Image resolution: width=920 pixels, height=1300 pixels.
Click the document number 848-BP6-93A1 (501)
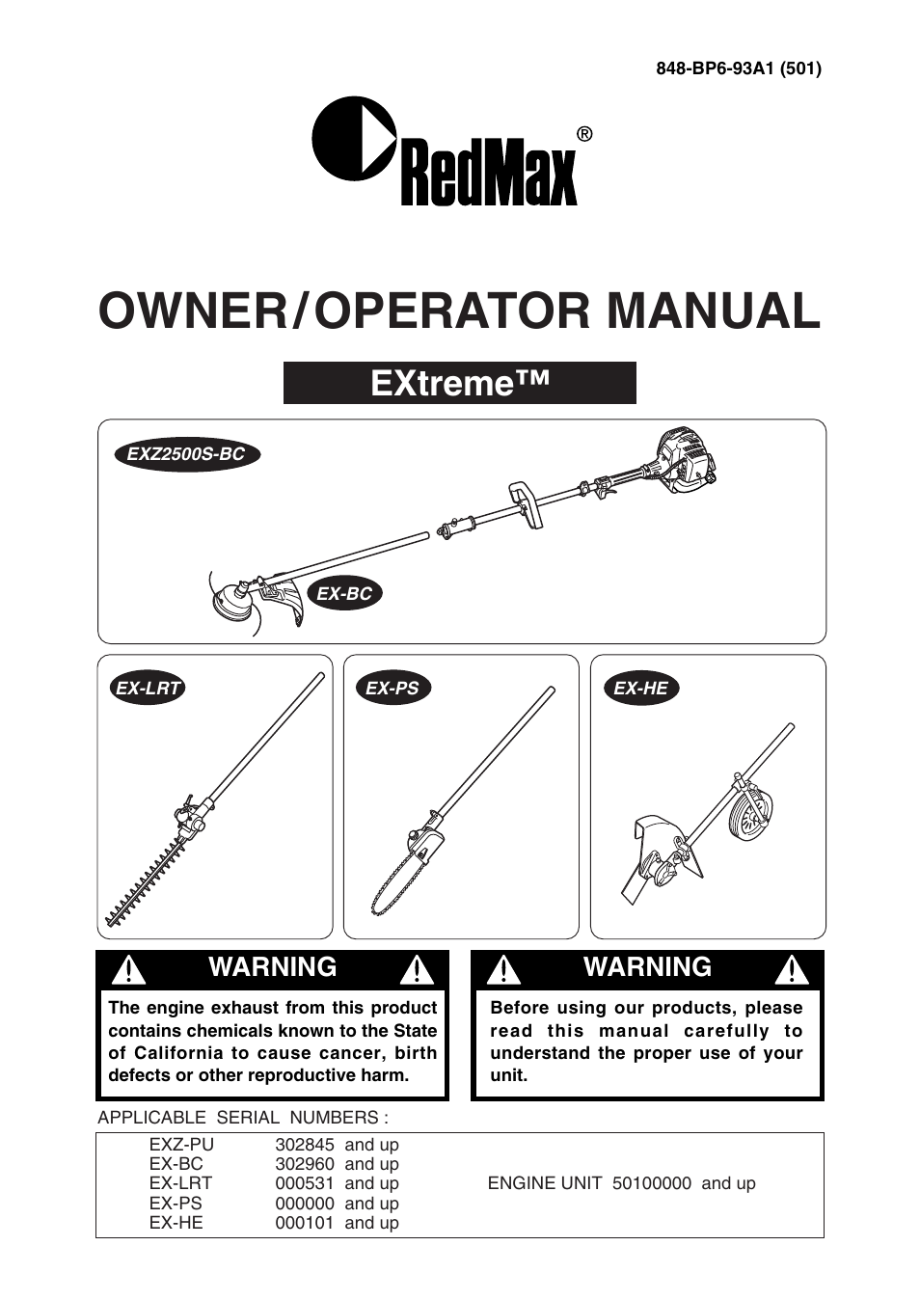(738, 68)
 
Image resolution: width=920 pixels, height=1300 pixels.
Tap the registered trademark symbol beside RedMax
(584, 134)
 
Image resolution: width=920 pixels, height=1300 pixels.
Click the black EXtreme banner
(459, 383)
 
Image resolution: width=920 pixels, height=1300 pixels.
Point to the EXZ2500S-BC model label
(186, 454)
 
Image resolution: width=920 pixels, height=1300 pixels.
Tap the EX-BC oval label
(344, 594)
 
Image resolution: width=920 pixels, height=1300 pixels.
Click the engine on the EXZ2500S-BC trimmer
(685, 457)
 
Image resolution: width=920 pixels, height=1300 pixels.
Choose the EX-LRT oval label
(148, 689)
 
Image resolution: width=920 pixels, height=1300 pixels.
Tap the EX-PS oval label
(392, 689)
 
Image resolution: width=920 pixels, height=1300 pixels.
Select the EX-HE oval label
(640, 689)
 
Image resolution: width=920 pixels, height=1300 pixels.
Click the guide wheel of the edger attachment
(752, 814)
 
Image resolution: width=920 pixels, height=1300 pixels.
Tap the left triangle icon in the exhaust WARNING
(128, 969)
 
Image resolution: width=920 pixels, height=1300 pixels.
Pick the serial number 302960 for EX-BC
(305, 1164)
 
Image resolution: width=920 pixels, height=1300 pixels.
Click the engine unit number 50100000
(652, 1183)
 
